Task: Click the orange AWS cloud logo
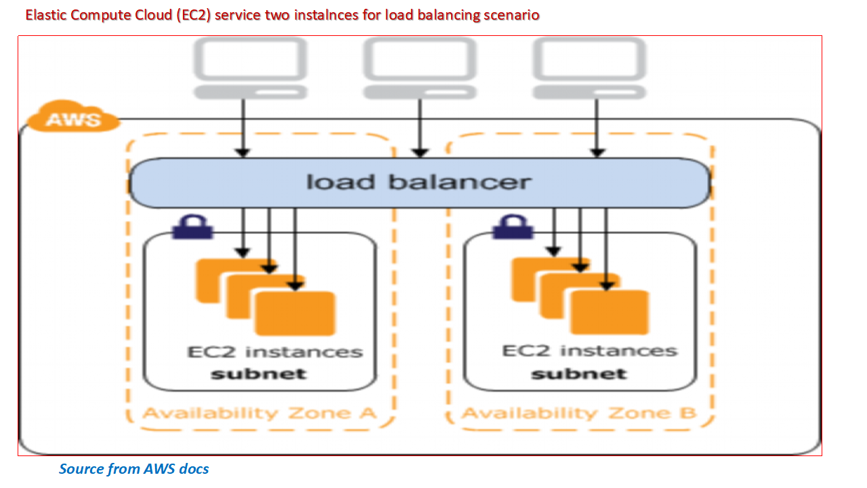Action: [72, 119]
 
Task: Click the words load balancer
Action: [419, 182]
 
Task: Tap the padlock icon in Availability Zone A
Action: [192, 227]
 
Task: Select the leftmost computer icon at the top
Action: [250, 68]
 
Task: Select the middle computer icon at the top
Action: [420, 68]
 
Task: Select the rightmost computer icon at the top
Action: [589, 68]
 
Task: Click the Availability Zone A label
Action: [259, 413]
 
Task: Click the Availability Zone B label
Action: [579, 413]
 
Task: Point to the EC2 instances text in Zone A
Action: [274, 352]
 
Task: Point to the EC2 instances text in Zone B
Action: [589, 351]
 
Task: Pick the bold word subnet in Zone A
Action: [258, 373]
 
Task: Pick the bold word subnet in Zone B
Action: [578, 373]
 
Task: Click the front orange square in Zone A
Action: [295, 313]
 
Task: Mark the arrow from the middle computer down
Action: [420, 129]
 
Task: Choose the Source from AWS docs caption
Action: [133, 469]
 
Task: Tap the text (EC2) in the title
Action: [194, 15]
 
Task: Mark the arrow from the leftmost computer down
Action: [244, 129]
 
